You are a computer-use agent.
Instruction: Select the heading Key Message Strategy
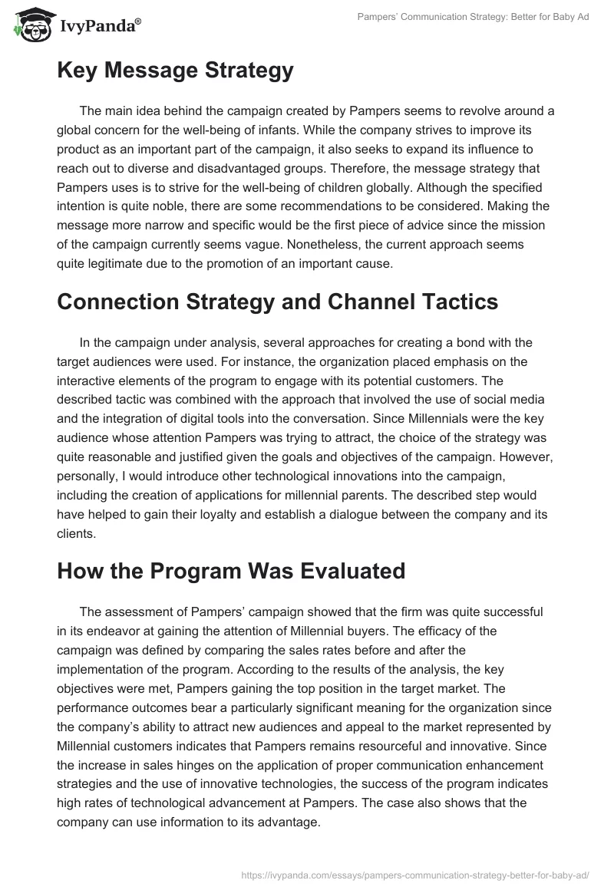pyautogui.click(x=175, y=71)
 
